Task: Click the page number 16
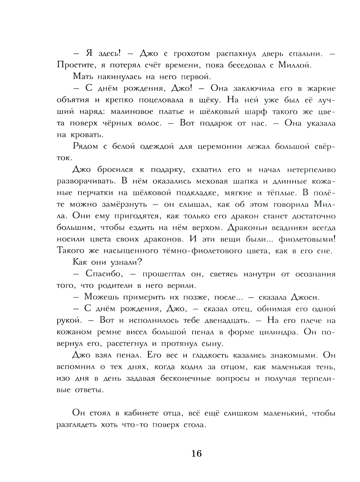tap(197, 454)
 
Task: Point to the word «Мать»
tap(84, 77)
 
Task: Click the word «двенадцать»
tap(215, 320)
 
